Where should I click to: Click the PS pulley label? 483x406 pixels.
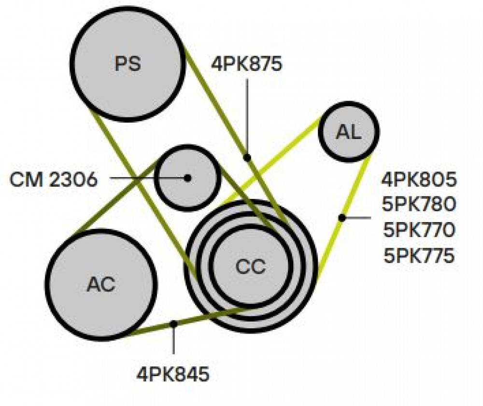point(128,63)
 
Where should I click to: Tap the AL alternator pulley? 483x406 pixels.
point(349,132)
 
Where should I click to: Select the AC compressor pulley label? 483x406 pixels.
point(101,284)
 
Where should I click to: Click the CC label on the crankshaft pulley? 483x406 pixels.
point(250,266)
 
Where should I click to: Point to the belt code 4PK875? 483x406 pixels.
point(246,64)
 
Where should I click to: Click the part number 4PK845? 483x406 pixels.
point(173,375)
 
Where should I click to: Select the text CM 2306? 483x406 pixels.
point(54,180)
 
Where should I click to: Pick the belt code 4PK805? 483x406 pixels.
point(419,180)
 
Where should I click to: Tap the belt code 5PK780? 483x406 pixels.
point(419,204)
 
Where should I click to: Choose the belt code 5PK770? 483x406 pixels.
point(419,230)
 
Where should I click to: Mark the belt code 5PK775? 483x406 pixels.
point(419,255)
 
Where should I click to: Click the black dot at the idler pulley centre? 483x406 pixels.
point(187,178)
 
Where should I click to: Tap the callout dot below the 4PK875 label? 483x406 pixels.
point(247,157)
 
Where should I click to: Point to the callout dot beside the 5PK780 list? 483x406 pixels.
point(341,218)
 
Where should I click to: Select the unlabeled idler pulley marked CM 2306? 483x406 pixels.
point(187,178)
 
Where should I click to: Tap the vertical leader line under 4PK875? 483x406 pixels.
point(247,116)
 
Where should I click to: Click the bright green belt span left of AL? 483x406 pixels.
point(270,162)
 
